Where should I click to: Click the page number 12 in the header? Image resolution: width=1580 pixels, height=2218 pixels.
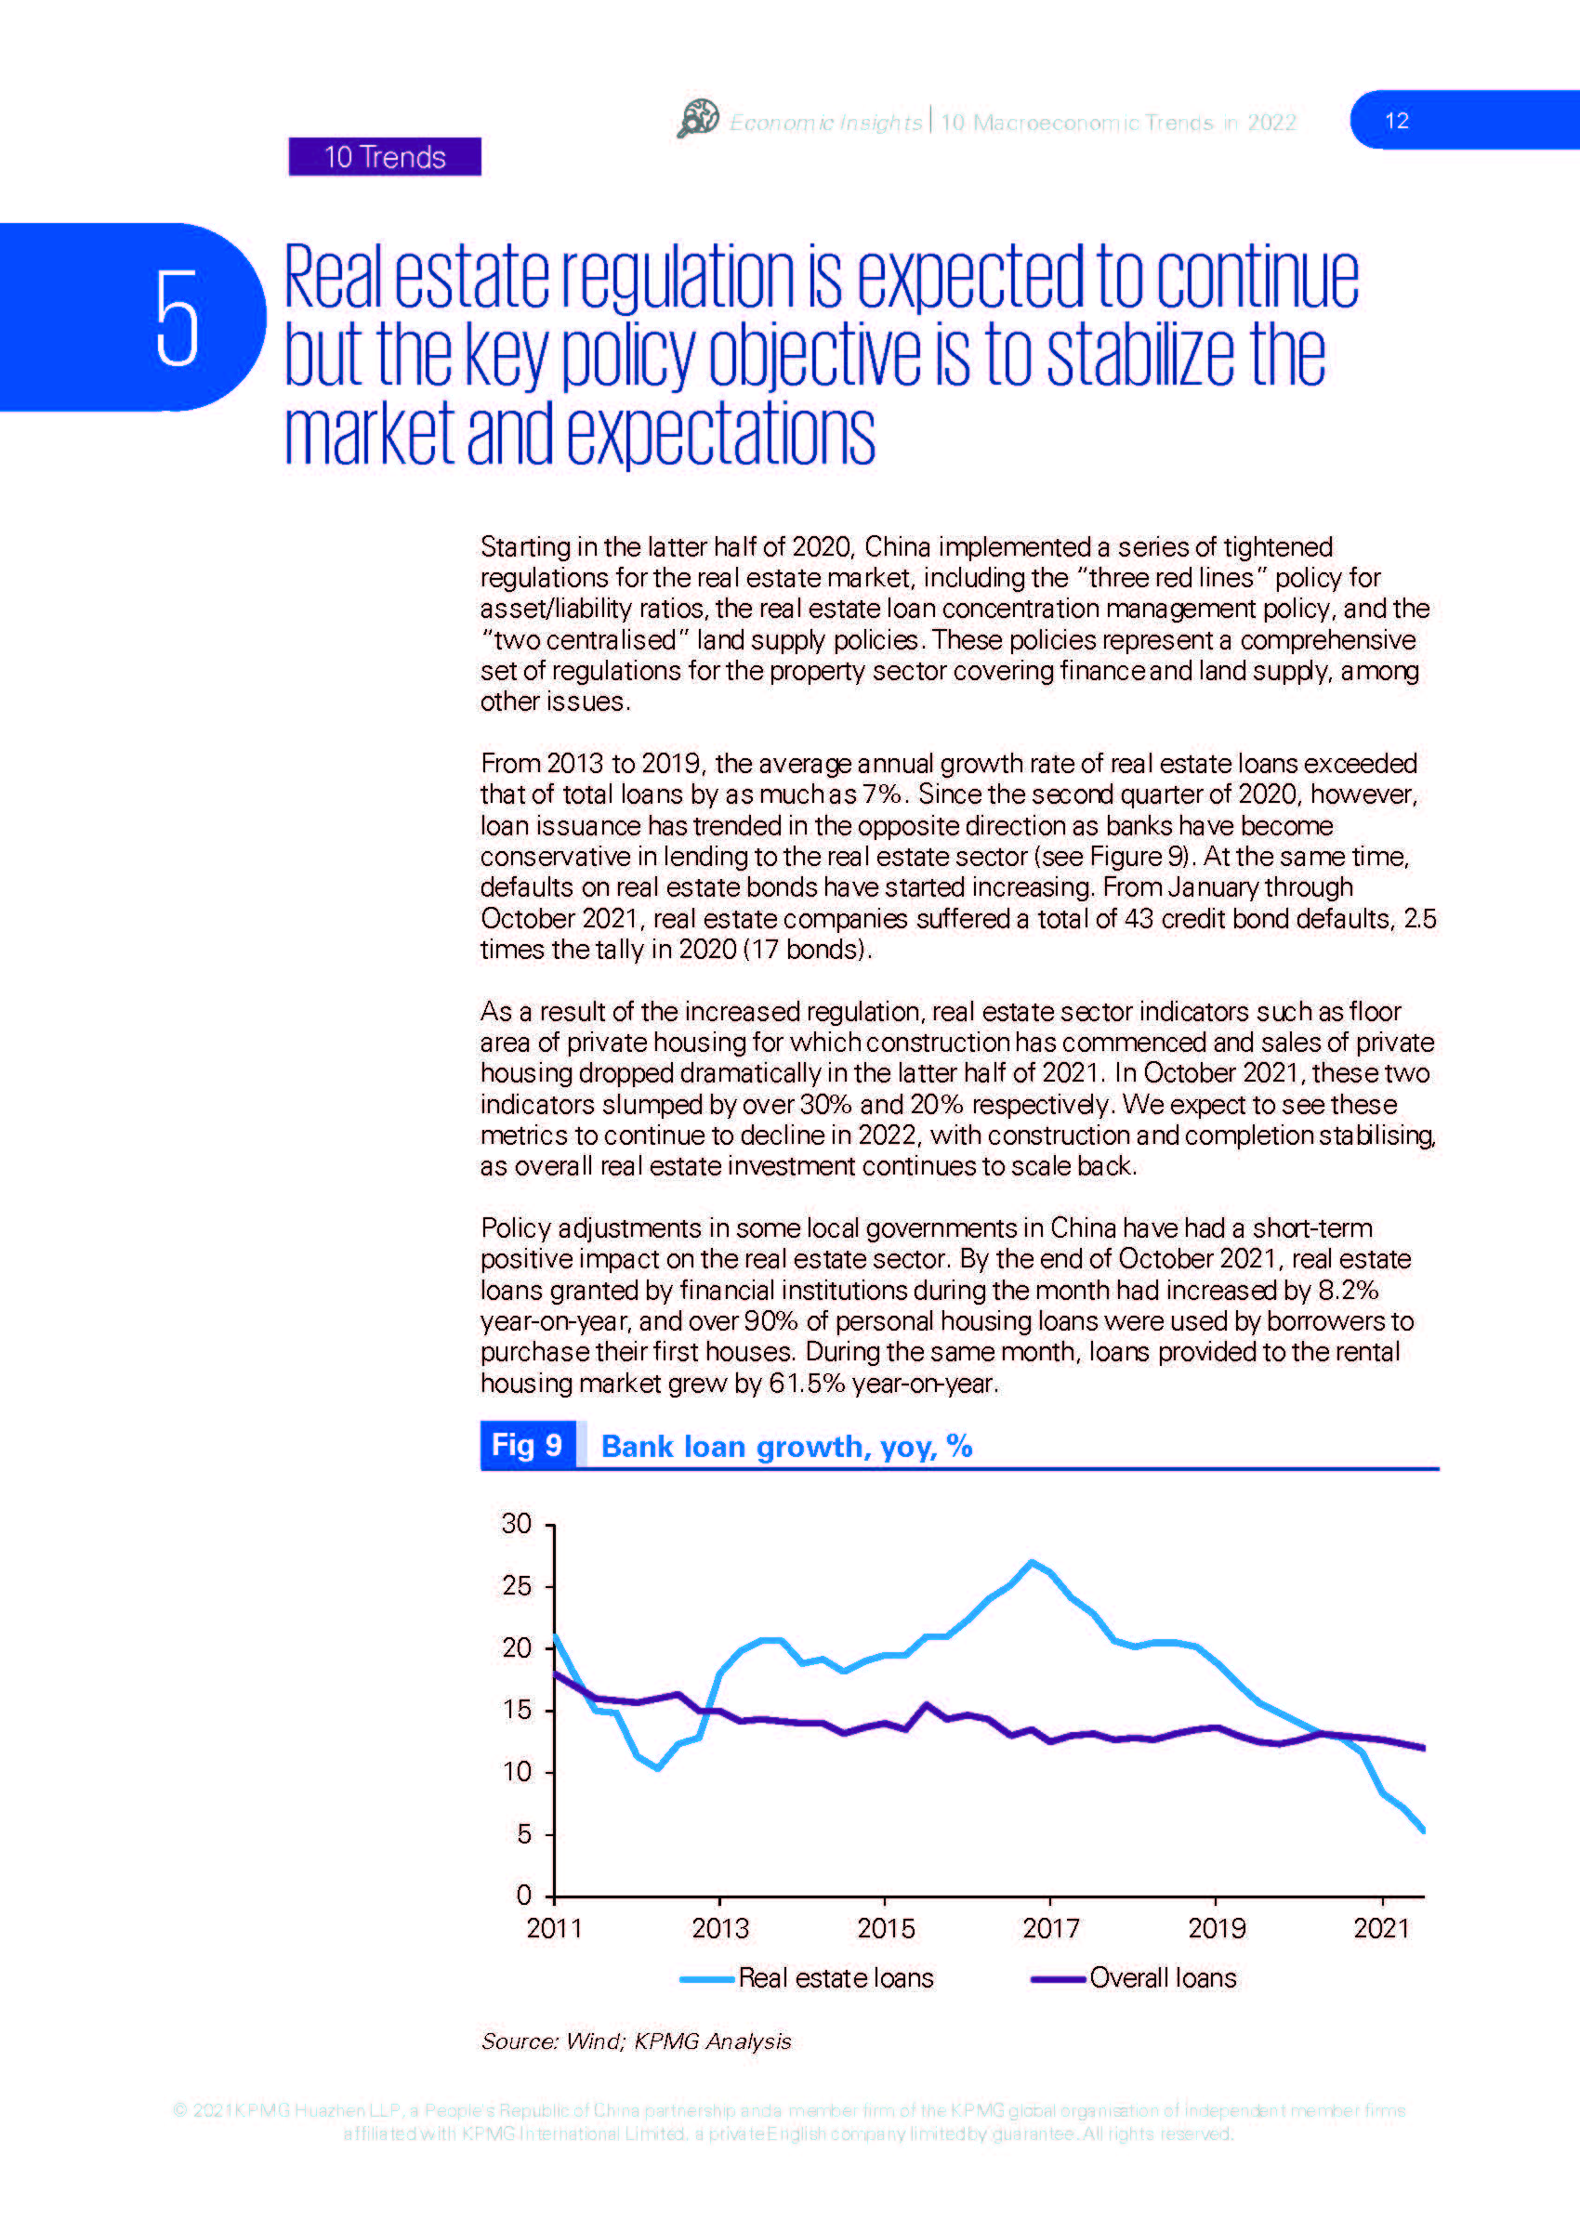point(1396,121)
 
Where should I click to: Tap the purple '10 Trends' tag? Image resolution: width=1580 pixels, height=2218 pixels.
point(384,157)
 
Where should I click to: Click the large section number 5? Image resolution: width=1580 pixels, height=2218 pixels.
point(178,318)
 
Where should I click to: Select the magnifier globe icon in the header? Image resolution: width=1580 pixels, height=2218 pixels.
point(698,119)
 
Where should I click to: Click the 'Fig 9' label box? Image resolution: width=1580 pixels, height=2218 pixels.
point(527,1445)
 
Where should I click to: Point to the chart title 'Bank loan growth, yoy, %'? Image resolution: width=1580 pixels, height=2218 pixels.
point(786,1447)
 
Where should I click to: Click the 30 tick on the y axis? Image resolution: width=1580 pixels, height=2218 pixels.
point(517,1523)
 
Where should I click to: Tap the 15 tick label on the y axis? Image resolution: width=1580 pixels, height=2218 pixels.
point(517,1709)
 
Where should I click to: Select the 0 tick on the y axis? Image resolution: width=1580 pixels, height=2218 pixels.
point(524,1895)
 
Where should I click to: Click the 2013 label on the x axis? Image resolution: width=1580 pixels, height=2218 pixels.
point(720,1928)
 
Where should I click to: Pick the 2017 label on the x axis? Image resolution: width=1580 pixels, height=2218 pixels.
point(1051,1928)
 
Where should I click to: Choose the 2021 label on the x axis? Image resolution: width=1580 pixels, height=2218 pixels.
point(1381,1928)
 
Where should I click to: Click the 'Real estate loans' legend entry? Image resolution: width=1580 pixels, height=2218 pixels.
point(807,1977)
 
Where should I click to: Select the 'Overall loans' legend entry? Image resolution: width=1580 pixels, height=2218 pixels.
point(1134,1977)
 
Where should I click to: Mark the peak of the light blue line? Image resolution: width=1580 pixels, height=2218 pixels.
point(1032,1561)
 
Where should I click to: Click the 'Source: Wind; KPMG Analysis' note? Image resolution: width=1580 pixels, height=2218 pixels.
point(637,2041)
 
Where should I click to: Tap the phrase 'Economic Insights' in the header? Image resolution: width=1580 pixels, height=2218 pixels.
point(825,123)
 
